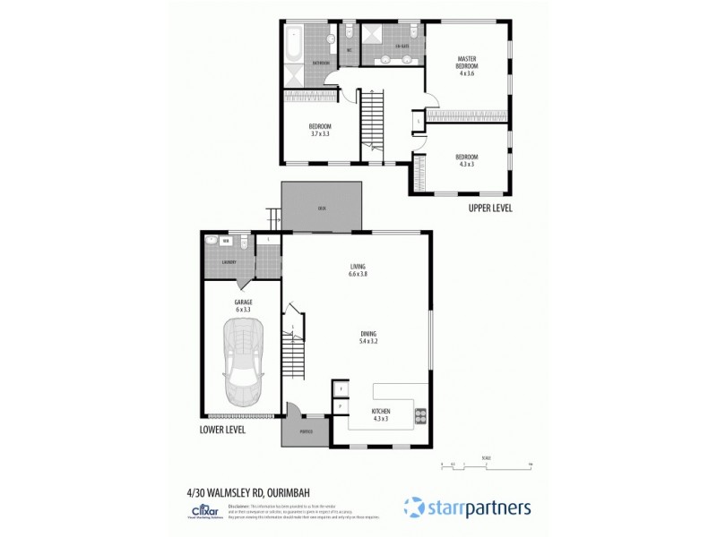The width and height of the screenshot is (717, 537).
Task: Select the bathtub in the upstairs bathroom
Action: [x=295, y=43]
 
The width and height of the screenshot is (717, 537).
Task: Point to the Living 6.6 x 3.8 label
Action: [x=358, y=270]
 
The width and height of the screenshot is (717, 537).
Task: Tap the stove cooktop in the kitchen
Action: [x=419, y=415]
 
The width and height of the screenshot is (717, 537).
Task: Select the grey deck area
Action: [x=321, y=207]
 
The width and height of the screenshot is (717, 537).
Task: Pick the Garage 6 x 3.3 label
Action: [x=242, y=305]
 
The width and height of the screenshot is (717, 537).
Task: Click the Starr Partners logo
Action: [x=466, y=507]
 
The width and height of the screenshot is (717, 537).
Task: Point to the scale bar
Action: [x=487, y=465]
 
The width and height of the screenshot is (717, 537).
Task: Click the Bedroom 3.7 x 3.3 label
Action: [x=320, y=130]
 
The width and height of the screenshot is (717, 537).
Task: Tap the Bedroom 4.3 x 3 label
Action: [x=468, y=160]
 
